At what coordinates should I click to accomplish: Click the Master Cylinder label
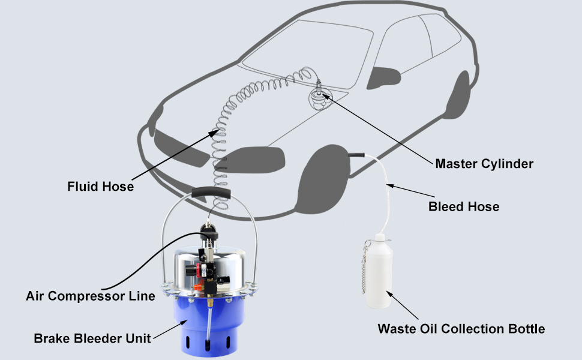click(484, 163)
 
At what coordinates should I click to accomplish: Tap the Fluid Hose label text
click(100, 187)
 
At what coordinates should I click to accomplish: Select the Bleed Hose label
click(464, 207)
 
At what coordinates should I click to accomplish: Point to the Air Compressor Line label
click(91, 296)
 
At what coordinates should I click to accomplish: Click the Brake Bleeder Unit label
click(84, 338)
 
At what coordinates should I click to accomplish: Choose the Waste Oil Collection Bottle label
click(461, 329)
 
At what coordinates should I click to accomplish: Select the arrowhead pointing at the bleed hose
click(389, 185)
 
